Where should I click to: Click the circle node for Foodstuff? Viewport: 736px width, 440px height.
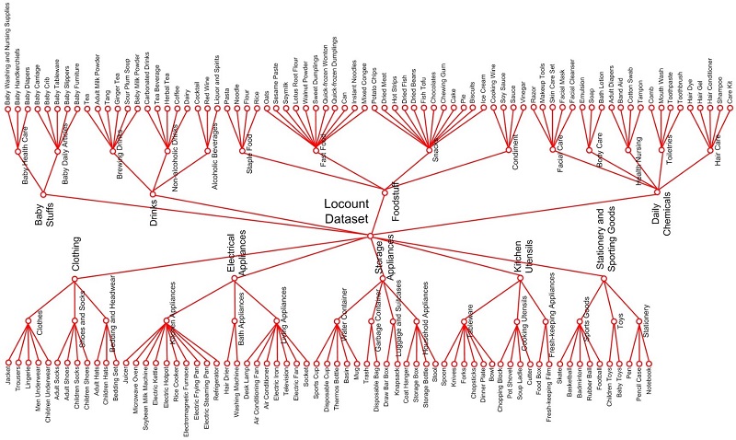click(x=385, y=191)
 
